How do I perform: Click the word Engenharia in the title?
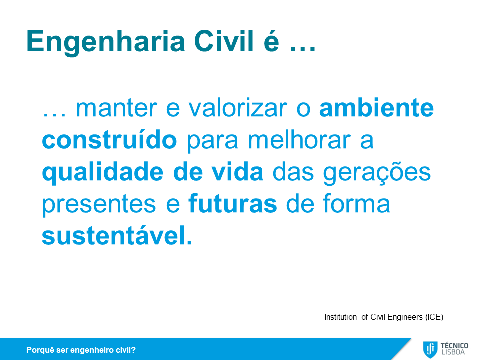coord(106,42)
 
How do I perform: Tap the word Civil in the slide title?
coord(224,41)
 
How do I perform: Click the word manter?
coord(116,108)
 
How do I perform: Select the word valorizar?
coord(238,108)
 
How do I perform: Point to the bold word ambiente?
coord(376,108)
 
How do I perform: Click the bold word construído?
coord(109,140)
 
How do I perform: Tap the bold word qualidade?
coord(103,173)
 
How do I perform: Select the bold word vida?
coord(237,172)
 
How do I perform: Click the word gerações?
coord(377,173)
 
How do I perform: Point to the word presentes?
coord(99,205)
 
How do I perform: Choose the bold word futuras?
coord(233,203)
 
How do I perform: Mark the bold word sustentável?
coord(117,235)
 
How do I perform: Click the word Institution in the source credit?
coord(340,317)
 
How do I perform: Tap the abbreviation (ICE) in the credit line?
coord(434,317)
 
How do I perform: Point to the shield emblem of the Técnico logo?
coord(430,349)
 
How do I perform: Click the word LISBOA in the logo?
coord(453,352)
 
